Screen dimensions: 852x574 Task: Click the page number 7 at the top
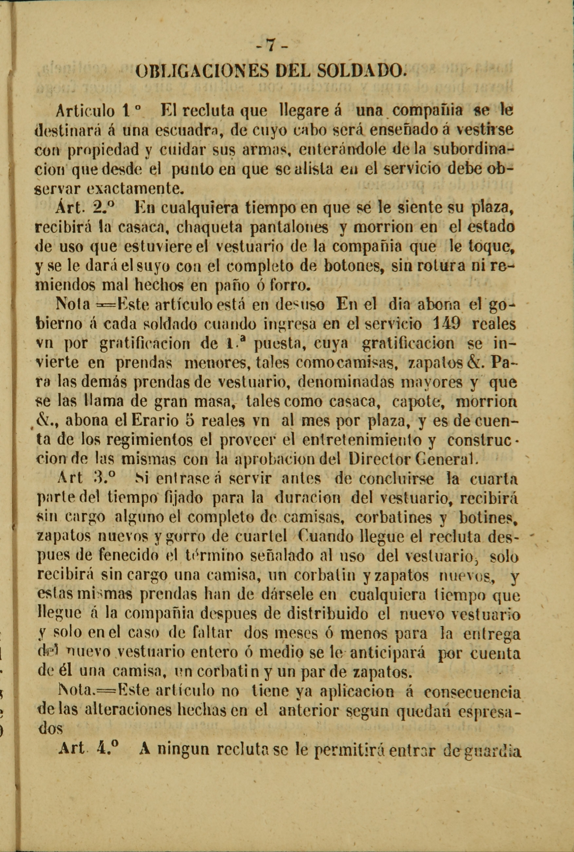point(271,46)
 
